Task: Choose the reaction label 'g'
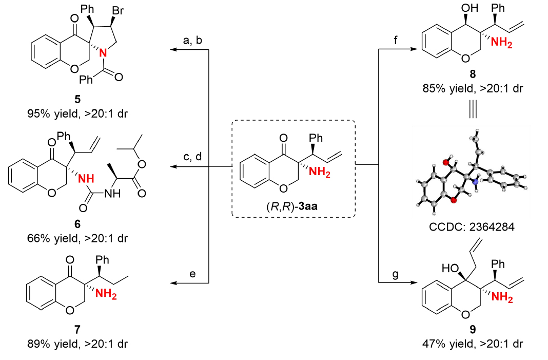(x=396, y=274)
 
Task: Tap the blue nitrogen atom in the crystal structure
(x=475, y=181)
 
